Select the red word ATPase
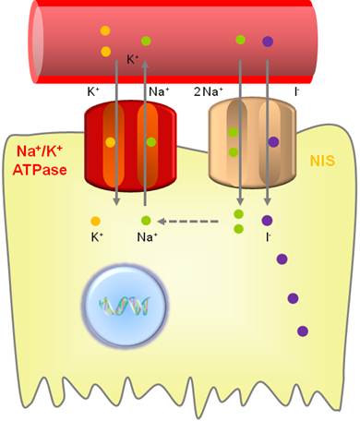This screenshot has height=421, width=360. point(42,170)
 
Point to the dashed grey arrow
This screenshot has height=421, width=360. point(189,221)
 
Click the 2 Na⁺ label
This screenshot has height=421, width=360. point(210,92)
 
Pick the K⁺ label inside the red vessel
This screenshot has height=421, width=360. point(133,60)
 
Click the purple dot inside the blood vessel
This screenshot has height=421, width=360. point(268,41)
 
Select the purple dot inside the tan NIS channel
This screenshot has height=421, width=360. point(273,141)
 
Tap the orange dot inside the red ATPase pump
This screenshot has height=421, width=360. point(111,142)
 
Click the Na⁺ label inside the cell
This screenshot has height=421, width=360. point(147,238)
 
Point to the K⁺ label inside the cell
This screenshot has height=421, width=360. point(96,237)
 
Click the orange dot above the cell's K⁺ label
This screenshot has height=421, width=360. point(95,221)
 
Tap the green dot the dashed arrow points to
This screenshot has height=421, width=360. point(146,221)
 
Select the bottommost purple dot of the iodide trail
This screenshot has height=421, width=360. point(302,331)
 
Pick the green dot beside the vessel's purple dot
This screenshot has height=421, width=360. point(240,40)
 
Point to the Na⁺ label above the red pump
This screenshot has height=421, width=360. point(158,92)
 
